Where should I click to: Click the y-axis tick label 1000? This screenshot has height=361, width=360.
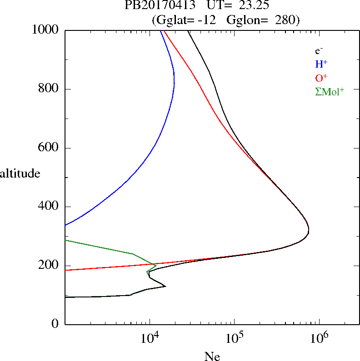(x=45, y=30)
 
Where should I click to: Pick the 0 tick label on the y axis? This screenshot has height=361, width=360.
(x=55, y=324)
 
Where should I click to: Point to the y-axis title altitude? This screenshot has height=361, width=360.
(x=20, y=173)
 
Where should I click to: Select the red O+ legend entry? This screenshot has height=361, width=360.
(x=321, y=78)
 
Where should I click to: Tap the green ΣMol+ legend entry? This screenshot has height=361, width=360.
(x=329, y=91)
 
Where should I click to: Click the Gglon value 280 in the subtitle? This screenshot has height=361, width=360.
(x=286, y=20)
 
